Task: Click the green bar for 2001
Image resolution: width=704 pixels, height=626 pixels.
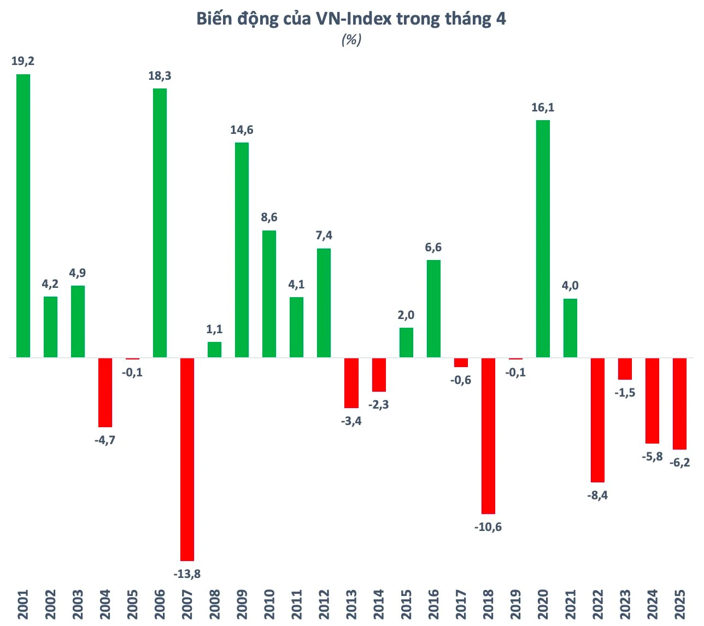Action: pyautogui.click(x=23, y=216)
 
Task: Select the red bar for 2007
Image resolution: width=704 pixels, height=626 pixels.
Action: pyautogui.click(x=187, y=459)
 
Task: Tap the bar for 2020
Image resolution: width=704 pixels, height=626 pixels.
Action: pyautogui.click(x=543, y=239)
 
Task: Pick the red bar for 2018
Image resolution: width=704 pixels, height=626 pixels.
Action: pyautogui.click(x=488, y=436)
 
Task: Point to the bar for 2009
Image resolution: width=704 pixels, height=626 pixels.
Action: pyautogui.click(x=242, y=250)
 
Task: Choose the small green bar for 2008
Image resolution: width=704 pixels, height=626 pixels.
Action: pyautogui.click(x=214, y=350)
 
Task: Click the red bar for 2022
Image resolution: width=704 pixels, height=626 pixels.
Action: pyautogui.click(x=597, y=420)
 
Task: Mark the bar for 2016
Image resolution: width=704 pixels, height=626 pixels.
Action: pyautogui.click(x=433, y=309)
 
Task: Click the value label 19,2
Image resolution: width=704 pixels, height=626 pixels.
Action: pyautogui.click(x=23, y=61)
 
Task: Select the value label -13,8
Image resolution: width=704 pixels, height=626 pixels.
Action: pyautogui.click(x=187, y=574)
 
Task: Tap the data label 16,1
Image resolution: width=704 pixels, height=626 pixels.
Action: pyautogui.click(x=543, y=108)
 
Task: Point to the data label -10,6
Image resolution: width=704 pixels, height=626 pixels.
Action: pyautogui.click(x=488, y=527)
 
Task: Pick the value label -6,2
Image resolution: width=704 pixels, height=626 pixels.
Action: pyautogui.click(x=679, y=463)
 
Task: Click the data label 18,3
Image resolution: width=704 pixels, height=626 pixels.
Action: pyautogui.click(x=160, y=76)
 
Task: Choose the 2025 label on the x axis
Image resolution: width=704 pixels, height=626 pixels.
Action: pyautogui.click(x=679, y=604)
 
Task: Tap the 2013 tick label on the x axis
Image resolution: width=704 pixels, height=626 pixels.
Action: pyautogui.click(x=351, y=604)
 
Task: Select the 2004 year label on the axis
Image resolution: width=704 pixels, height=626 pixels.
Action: pyautogui.click(x=105, y=604)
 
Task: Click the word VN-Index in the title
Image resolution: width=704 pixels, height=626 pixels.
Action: pyautogui.click(x=354, y=19)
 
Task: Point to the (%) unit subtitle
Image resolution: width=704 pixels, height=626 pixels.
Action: pyautogui.click(x=351, y=39)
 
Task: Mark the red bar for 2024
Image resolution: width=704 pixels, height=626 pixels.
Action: pyautogui.click(x=652, y=400)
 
